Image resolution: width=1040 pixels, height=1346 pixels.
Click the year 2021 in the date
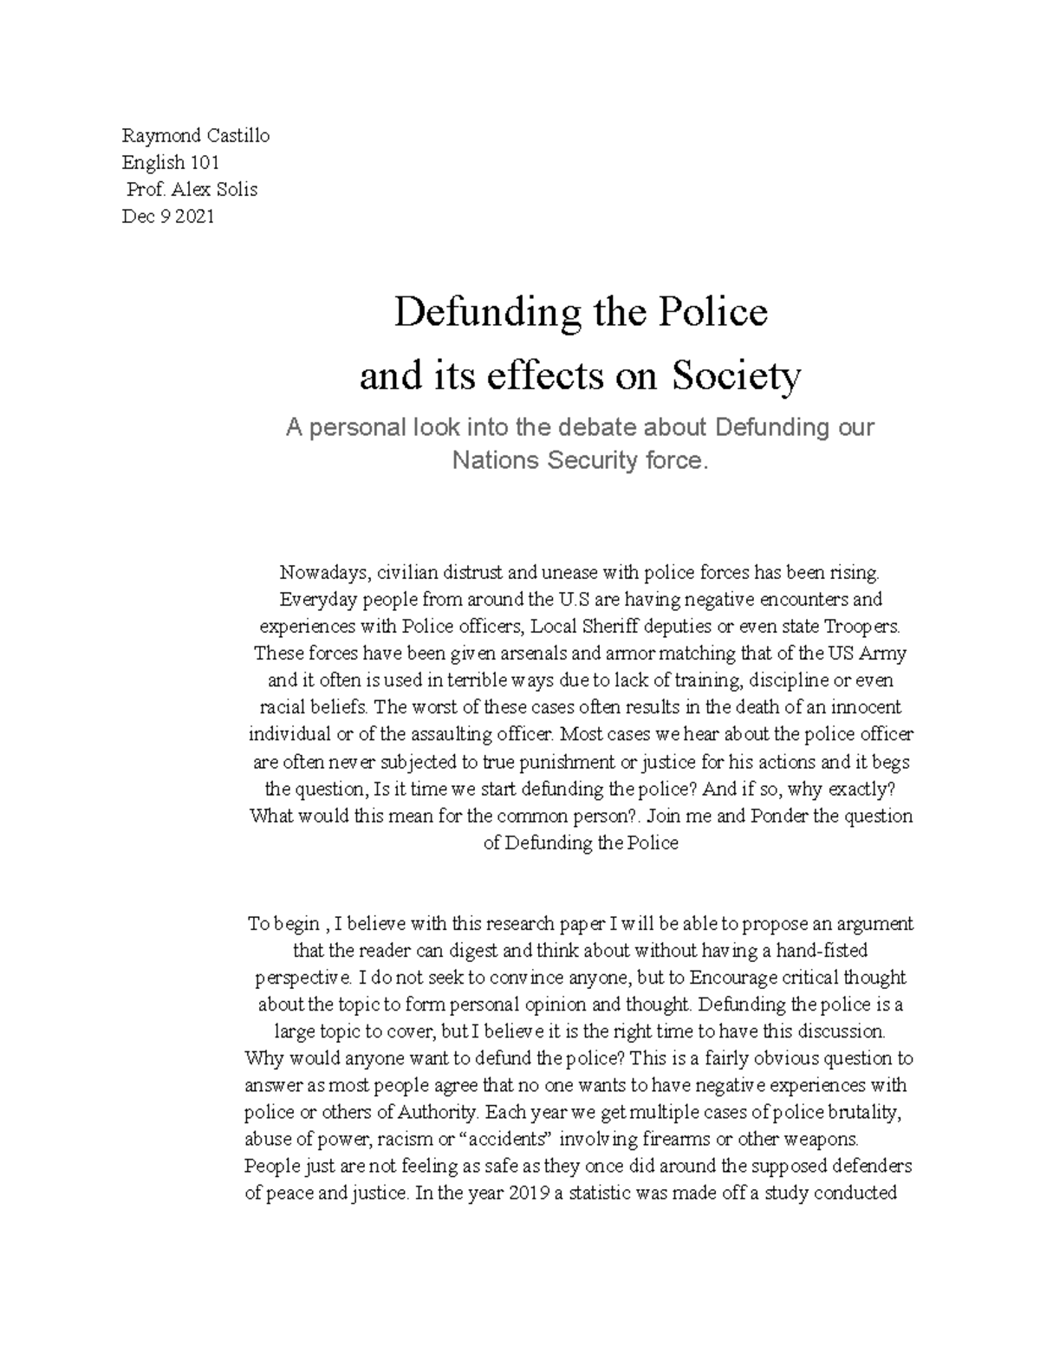(193, 216)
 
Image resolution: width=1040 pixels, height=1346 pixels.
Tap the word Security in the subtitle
(590, 460)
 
